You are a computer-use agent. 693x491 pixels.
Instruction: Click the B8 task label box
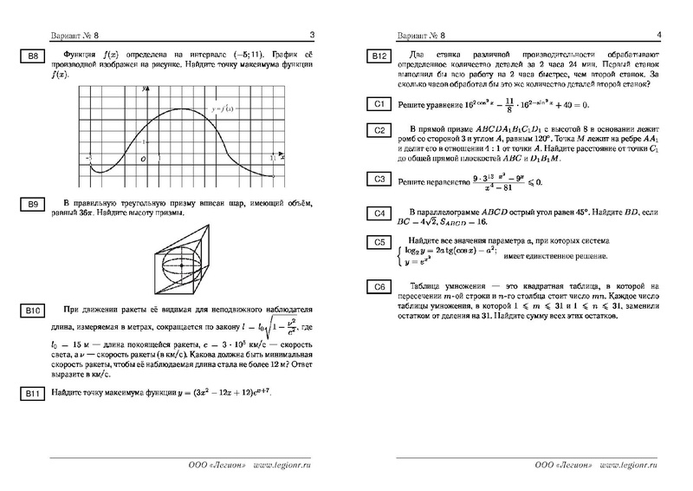pyautogui.click(x=31, y=58)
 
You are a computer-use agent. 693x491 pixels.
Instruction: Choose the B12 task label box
pyautogui.click(x=379, y=57)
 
